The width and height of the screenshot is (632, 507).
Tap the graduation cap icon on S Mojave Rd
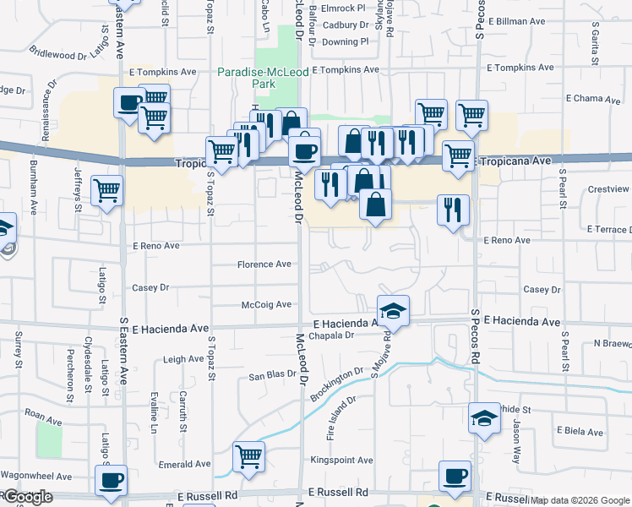[x=393, y=311]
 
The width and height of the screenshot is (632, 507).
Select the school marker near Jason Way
[x=484, y=417]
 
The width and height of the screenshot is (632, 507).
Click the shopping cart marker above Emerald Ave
[x=248, y=456]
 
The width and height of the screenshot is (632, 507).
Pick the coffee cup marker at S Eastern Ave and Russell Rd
[x=111, y=480]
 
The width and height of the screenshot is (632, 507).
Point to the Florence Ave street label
[x=264, y=264]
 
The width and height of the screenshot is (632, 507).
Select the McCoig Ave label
[x=266, y=304]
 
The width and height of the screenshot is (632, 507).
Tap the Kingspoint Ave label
[x=341, y=461]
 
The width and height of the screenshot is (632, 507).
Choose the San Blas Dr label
[x=270, y=374]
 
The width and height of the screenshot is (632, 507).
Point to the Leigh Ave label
[x=183, y=359]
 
